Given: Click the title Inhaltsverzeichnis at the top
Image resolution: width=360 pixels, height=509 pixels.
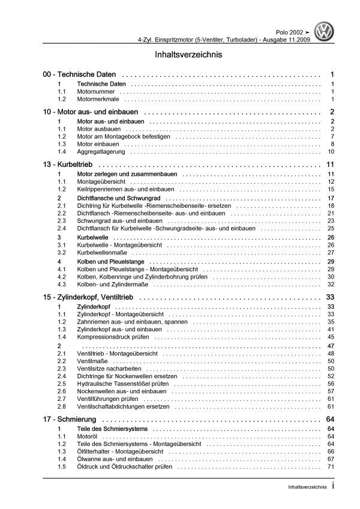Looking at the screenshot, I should pos(180,54).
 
